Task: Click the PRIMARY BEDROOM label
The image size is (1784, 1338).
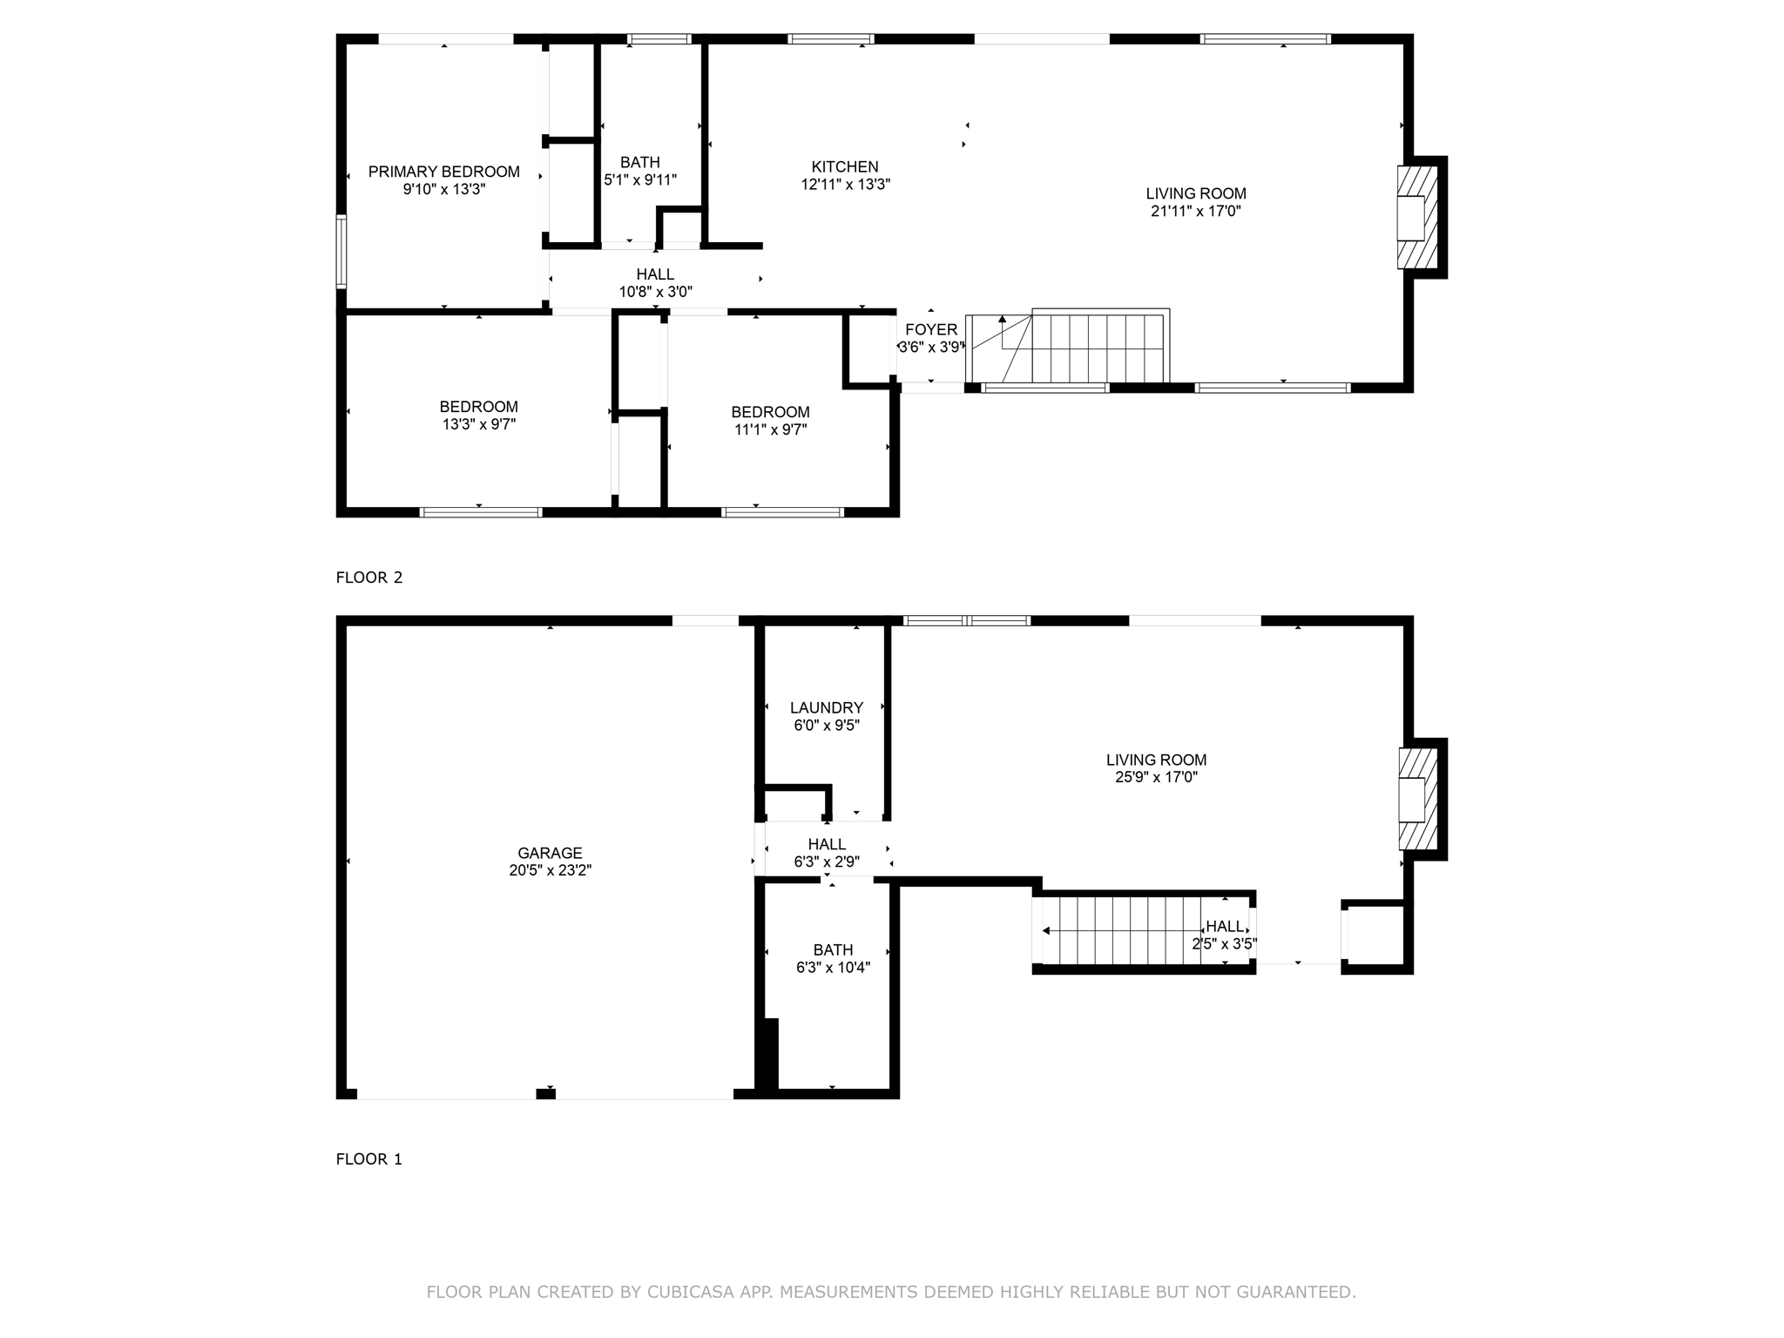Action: click(443, 172)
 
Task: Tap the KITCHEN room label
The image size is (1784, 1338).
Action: click(844, 166)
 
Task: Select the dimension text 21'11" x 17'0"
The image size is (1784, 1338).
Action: click(1195, 211)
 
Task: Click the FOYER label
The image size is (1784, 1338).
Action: click(930, 329)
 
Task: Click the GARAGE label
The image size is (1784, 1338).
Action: click(549, 853)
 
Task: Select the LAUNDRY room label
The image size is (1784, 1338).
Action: click(826, 707)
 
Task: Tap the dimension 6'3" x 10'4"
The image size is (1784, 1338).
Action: click(833, 967)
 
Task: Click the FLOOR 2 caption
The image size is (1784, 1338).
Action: click(369, 578)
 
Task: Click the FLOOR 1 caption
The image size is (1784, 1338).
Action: click(369, 1159)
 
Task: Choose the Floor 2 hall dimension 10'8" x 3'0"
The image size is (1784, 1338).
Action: click(655, 292)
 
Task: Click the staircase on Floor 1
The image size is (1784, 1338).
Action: click(1124, 930)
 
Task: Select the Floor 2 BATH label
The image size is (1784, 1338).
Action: click(639, 162)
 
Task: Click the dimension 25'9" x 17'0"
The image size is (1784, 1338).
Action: click(1156, 777)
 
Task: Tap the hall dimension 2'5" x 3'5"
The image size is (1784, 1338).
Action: click(1224, 943)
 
